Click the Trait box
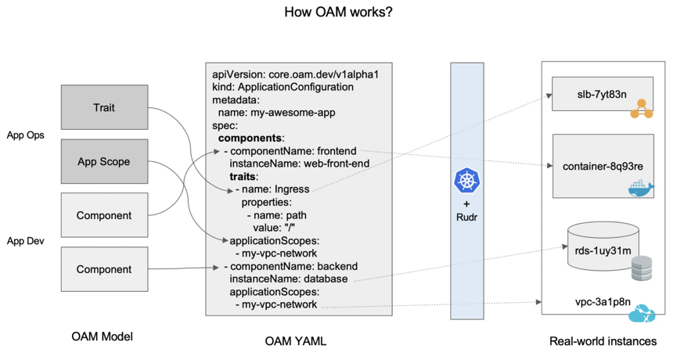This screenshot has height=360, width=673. click(x=104, y=107)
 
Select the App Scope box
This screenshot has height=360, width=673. click(x=104, y=161)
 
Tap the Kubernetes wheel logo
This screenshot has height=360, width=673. click(x=466, y=181)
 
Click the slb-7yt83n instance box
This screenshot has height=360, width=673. click(x=603, y=94)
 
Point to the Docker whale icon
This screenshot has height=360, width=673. click(x=641, y=188)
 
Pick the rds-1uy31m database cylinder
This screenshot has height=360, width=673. click(x=603, y=247)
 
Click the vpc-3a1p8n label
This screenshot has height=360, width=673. click(x=603, y=301)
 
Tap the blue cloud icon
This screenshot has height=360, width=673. click(x=642, y=314)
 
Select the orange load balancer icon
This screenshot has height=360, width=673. click(x=642, y=109)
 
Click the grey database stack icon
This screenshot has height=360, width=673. click(x=642, y=268)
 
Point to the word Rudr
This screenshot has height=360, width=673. click(x=466, y=217)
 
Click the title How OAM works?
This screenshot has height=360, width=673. click(x=338, y=12)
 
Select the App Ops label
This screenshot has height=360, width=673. click(x=25, y=135)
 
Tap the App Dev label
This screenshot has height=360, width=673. click(x=25, y=241)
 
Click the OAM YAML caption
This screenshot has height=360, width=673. click(x=295, y=341)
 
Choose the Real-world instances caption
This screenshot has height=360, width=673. click(x=603, y=341)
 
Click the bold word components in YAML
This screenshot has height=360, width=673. click(x=250, y=139)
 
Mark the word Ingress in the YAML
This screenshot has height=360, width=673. click(x=292, y=189)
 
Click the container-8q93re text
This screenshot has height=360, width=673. click(x=603, y=167)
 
